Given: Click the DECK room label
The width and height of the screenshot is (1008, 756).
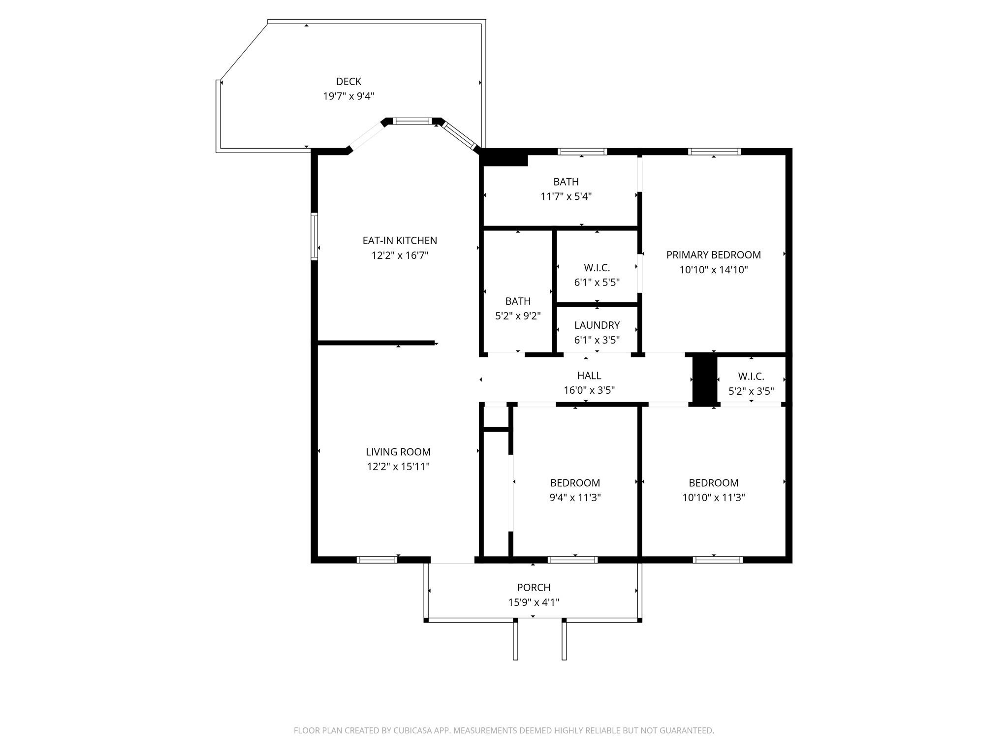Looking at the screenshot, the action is [348, 82].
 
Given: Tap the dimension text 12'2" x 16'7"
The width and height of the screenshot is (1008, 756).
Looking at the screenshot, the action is [400, 255].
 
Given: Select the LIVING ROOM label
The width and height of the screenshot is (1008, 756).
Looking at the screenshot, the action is [398, 452].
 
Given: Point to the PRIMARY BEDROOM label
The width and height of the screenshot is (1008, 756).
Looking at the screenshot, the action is [714, 255].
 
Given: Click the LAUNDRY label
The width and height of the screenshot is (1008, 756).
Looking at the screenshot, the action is [597, 325].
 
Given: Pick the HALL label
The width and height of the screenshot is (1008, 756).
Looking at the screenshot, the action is [589, 376].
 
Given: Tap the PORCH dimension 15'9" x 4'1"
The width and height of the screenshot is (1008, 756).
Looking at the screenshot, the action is [534, 602].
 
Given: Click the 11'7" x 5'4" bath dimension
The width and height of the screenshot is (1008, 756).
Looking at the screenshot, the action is [566, 196].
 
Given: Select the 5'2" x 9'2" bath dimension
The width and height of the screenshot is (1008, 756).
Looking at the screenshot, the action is [518, 316].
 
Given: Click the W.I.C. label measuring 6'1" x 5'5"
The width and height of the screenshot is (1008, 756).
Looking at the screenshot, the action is [597, 268].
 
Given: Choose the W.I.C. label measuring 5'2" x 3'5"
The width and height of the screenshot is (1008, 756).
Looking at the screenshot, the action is [751, 377].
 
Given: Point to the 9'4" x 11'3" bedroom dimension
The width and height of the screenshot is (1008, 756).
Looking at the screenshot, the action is [575, 498].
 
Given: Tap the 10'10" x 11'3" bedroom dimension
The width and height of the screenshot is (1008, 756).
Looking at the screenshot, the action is [714, 498].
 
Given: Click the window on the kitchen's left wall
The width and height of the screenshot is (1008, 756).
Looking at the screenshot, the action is [314, 236].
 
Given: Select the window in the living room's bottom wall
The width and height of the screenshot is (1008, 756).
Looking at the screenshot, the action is [377, 560].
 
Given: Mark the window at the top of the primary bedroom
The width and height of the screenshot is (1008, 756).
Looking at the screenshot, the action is [714, 152].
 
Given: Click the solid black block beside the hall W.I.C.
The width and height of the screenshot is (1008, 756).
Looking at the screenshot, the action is [705, 379].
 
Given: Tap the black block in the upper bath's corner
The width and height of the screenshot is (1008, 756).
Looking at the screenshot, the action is [504, 158].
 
